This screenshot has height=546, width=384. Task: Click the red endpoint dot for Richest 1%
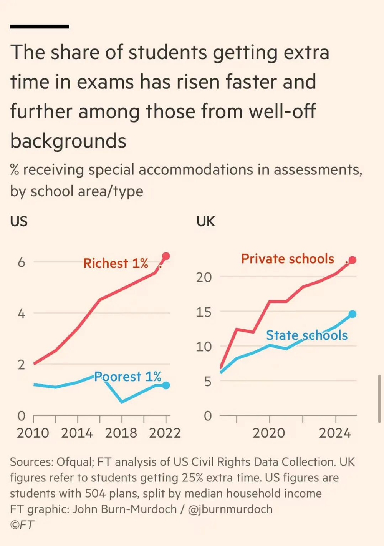[x=166, y=256]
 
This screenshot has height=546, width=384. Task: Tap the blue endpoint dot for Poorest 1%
[x=166, y=385]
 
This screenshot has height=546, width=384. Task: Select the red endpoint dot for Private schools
[x=353, y=260]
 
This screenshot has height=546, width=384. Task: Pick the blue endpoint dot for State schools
[x=353, y=314]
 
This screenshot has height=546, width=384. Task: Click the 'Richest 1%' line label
[x=116, y=263]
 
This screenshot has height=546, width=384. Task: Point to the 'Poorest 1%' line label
[x=127, y=377]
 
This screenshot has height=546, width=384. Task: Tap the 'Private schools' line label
[x=288, y=259]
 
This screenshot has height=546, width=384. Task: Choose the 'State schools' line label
[x=307, y=335]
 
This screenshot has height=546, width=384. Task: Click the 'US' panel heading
[x=19, y=221]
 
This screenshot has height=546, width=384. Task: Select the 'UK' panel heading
[x=206, y=221]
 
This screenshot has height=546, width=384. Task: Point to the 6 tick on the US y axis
[x=22, y=262]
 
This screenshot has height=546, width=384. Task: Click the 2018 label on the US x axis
[x=121, y=433]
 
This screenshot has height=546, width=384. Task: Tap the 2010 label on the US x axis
[x=33, y=433]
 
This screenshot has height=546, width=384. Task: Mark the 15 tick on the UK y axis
[x=204, y=312]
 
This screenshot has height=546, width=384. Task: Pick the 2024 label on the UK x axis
[x=335, y=433]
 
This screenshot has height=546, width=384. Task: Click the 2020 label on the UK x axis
[x=269, y=433]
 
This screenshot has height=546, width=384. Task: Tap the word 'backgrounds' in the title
[x=68, y=141]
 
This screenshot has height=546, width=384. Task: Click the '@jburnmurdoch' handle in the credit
[x=230, y=509]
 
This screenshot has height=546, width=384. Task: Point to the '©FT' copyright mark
[x=22, y=525]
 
